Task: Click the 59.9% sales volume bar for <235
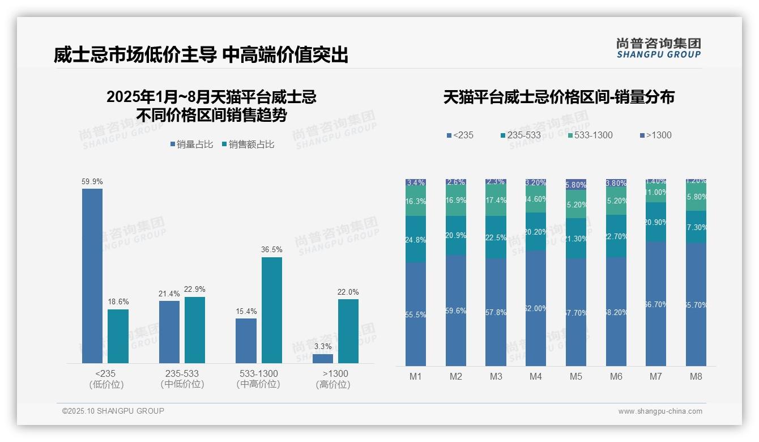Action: click(x=92, y=276)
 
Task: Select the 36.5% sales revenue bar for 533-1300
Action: click(x=272, y=310)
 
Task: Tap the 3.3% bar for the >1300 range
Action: click(x=323, y=359)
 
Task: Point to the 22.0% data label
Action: click(x=348, y=292)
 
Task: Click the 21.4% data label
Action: click(x=169, y=294)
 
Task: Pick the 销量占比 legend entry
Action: click(x=191, y=144)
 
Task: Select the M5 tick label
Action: click(x=575, y=376)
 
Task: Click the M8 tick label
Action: click(x=696, y=376)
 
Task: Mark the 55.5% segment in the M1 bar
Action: click(x=416, y=314)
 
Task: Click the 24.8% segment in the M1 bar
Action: click(x=416, y=239)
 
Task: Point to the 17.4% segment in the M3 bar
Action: click(x=496, y=201)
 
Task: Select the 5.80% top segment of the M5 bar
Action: click(x=575, y=185)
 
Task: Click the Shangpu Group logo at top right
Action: click(x=658, y=48)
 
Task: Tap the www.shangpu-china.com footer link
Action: click(x=660, y=411)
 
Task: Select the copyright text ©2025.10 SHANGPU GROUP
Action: click(x=113, y=411)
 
